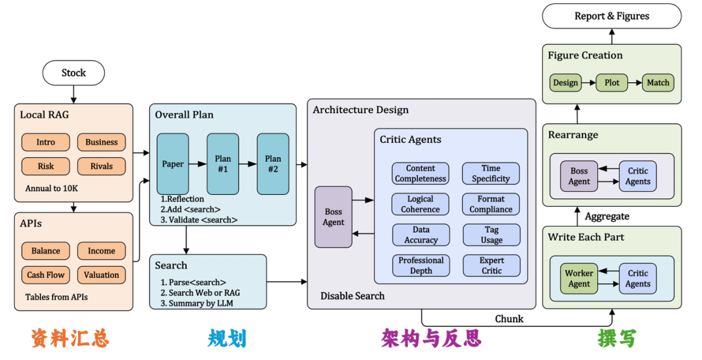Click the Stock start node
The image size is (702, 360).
(x=73, y=73)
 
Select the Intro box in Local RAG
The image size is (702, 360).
(x=45, y=142)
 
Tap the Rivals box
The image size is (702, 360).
(x=101, y=166)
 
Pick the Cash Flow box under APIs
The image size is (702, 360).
(x=45, y=275)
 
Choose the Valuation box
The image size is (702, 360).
(x=101, y=275)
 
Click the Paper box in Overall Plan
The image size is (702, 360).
(x=173, y=164)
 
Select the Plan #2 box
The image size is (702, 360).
(x=273, y=164)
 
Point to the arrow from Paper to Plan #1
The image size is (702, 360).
(x=198, y=164)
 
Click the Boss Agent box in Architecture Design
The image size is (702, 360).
(x=333, y=217)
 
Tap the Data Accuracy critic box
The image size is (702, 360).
(x=421, y=235)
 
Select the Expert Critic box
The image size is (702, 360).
(x=491, y=266)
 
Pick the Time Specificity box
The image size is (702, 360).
(x=491, y=174)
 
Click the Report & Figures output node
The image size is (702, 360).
(x=612, y=16)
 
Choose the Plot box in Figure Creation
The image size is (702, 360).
(x=612, y=83)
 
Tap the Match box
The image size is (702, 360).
(x=658, y=83)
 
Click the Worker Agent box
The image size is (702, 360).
(x=579, y=279)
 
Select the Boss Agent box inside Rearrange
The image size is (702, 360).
(x=579, y=176)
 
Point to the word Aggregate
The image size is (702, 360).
(x=607, y=217)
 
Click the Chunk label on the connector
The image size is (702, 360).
(x=509, y=319)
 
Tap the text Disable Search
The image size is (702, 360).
(x=352, y=296)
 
